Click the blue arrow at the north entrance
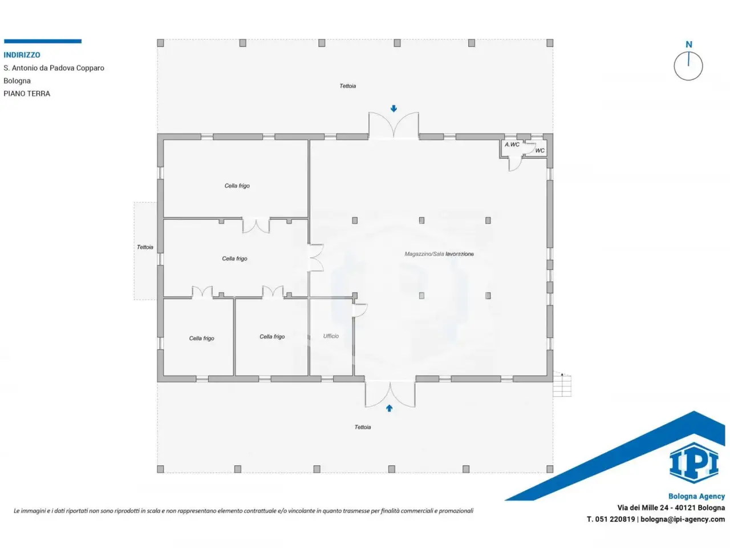(394, 108)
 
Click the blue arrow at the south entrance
(389, 408)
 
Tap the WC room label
(540, 151)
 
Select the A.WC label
(512, 144)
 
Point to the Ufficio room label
(331, 336)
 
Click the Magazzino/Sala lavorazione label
(439, 254)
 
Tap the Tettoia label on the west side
(145, 247)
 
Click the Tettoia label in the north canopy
(347, 86)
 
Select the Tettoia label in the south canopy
(363, 427)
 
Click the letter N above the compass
(689, 45)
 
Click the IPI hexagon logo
(693, 463)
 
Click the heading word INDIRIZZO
(22, 55)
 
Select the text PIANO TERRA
(27, 94)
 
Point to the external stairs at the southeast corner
(562, 385)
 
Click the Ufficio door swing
(360, 310)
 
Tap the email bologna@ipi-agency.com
(683, 519)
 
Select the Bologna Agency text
(696, 496)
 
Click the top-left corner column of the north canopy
(160, 43)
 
